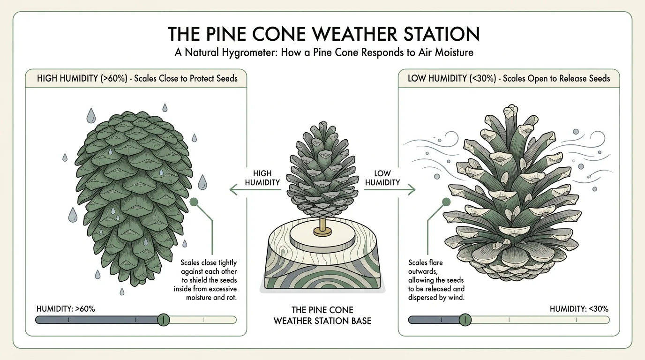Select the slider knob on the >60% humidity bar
(163, 320)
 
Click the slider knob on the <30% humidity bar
(465, 320)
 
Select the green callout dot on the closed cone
(194, 202)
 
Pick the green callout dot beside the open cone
(446, 202)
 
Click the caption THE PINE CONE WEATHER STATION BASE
(322, 315)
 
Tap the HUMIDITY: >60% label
(66, 308)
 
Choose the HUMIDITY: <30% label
(579, 308)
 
